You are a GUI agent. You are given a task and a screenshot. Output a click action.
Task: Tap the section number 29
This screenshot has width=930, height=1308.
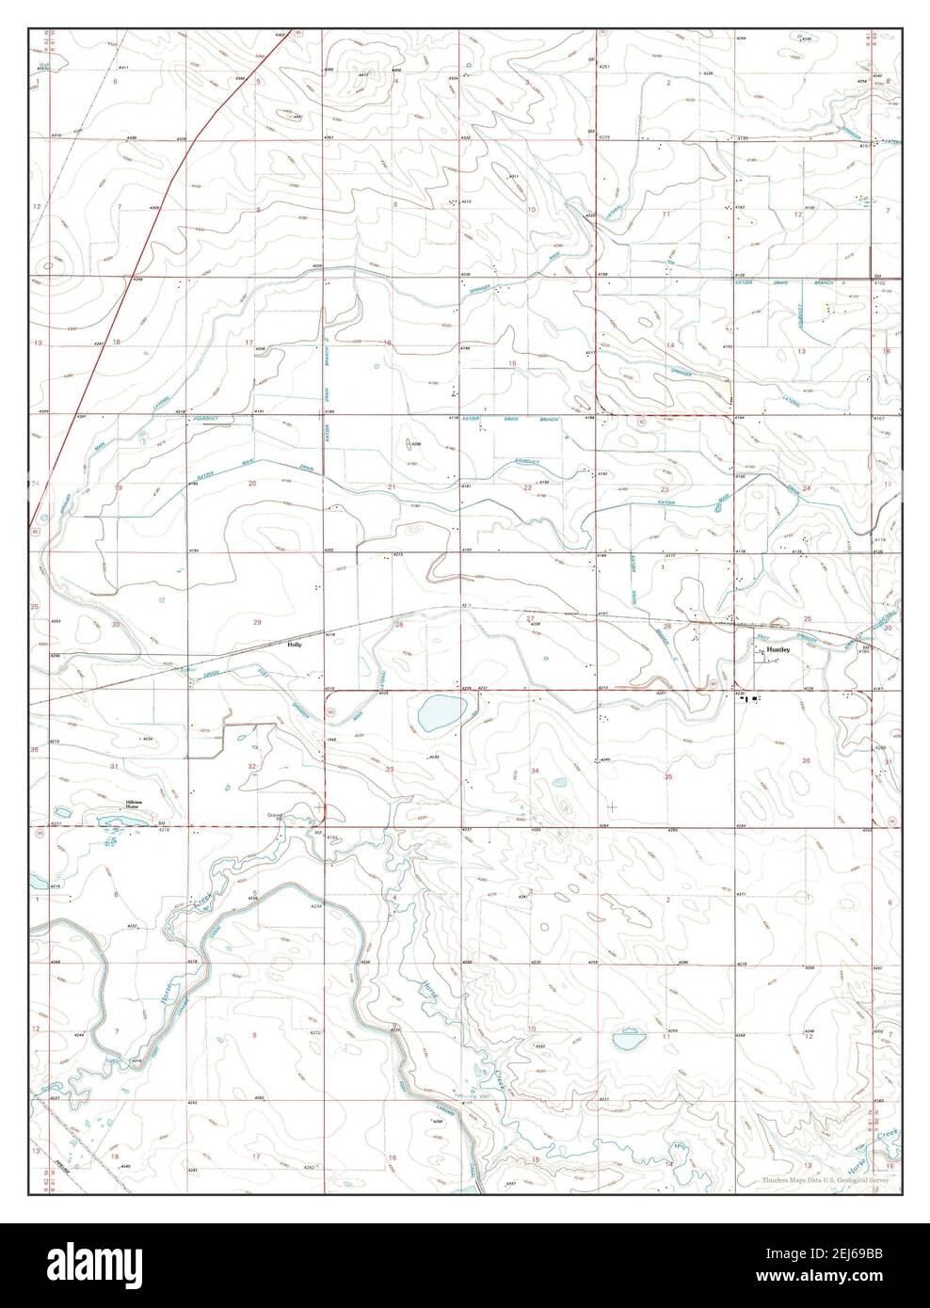coord(257,622)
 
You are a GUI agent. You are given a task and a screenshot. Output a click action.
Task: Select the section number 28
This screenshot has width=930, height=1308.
coord(398,624)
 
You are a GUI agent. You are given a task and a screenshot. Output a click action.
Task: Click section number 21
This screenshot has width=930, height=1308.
coord(392,487)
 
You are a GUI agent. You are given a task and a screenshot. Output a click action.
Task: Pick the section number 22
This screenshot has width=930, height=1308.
coord(527,487)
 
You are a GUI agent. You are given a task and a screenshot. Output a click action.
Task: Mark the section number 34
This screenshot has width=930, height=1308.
coord(535,771)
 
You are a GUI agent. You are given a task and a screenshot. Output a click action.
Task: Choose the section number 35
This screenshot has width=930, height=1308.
coord(668,776)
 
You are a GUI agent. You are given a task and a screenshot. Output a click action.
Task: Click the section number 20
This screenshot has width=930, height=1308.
coord(252,483)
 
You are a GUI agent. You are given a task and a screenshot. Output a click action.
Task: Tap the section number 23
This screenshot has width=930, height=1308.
coord(665,489)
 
